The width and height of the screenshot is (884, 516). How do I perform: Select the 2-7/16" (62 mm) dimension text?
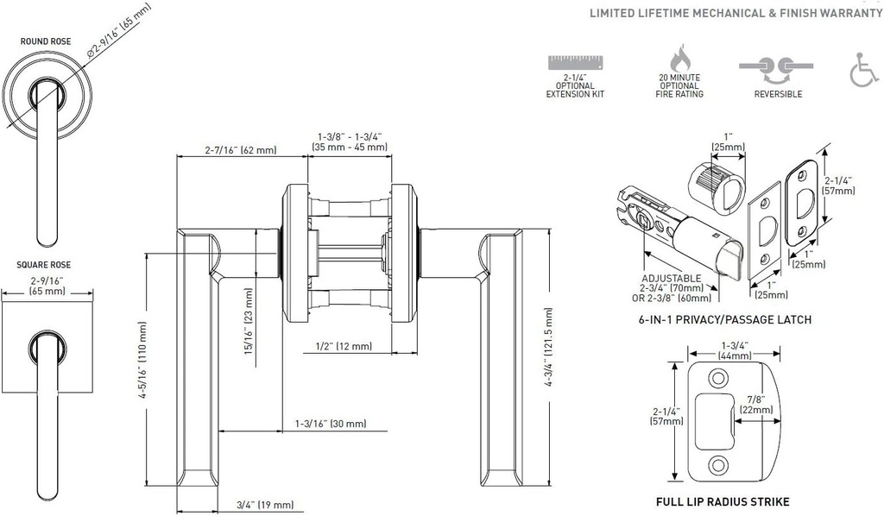click(241, 150)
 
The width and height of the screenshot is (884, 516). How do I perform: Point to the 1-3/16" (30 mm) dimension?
click(331, 424)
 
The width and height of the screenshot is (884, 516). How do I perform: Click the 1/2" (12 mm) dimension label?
click(343, 346)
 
